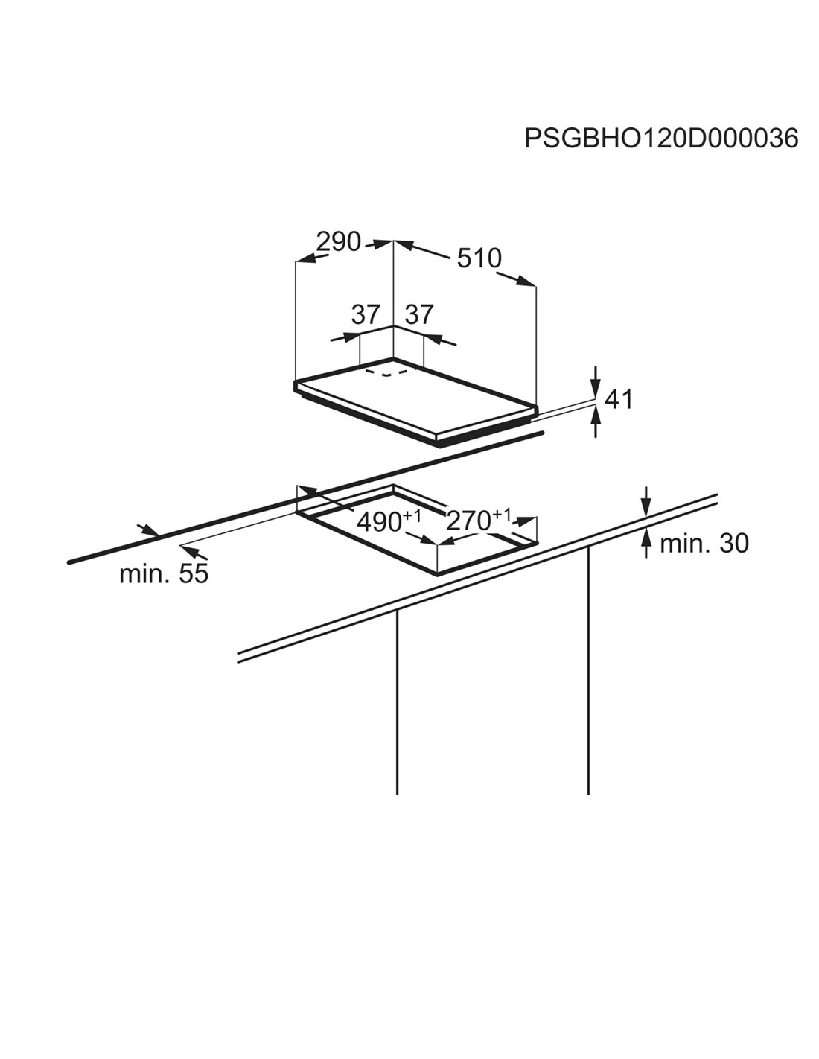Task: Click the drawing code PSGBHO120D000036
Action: pyautogui.click(x=661, y=139)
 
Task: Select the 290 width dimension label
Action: pyautogui.click(x=339, y=242)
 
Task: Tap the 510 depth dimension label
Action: pyautogui.click(x=479, y=258)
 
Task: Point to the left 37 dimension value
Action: pyautogui.click(x=366, y=314)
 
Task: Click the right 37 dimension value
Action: pyautogui.click(x=419, y=314)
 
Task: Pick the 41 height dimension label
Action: pyautogui.click(x=618, y=399)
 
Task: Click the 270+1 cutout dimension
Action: pyautogui.click(x=479, y=520)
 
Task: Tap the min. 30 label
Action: pyautogui.click(x=704, y=544)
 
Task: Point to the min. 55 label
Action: pyautogui.click(x=164, y=573)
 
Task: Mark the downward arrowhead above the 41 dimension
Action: pyautogui.click(x=596, y=387)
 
